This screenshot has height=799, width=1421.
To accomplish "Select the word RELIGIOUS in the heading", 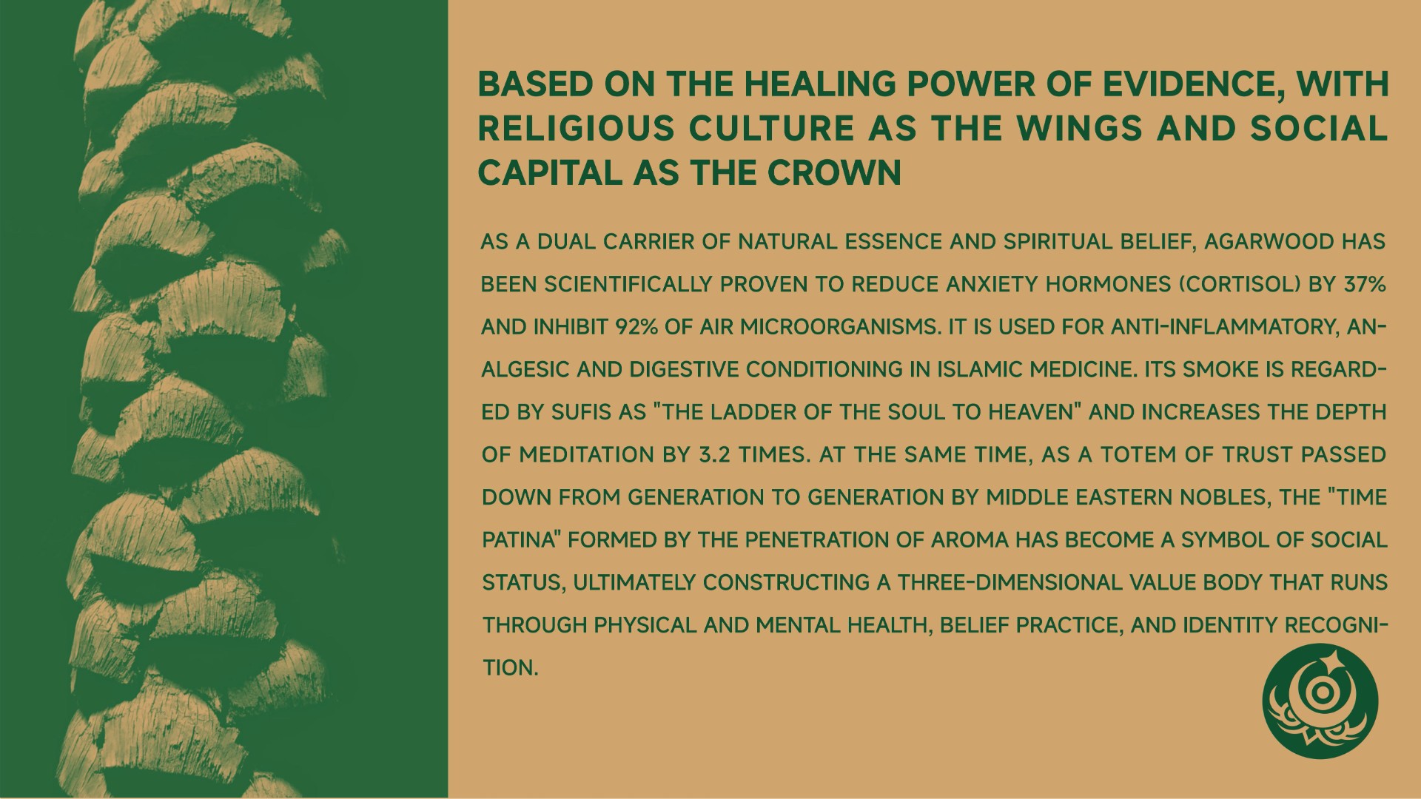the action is pyautogui.click(x=577, y=129).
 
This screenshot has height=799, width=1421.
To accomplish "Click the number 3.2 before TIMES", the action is pyautogui.click(x=714, y=454).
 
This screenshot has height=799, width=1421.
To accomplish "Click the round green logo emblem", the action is pyautogui.click(x=1320, y=701).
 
